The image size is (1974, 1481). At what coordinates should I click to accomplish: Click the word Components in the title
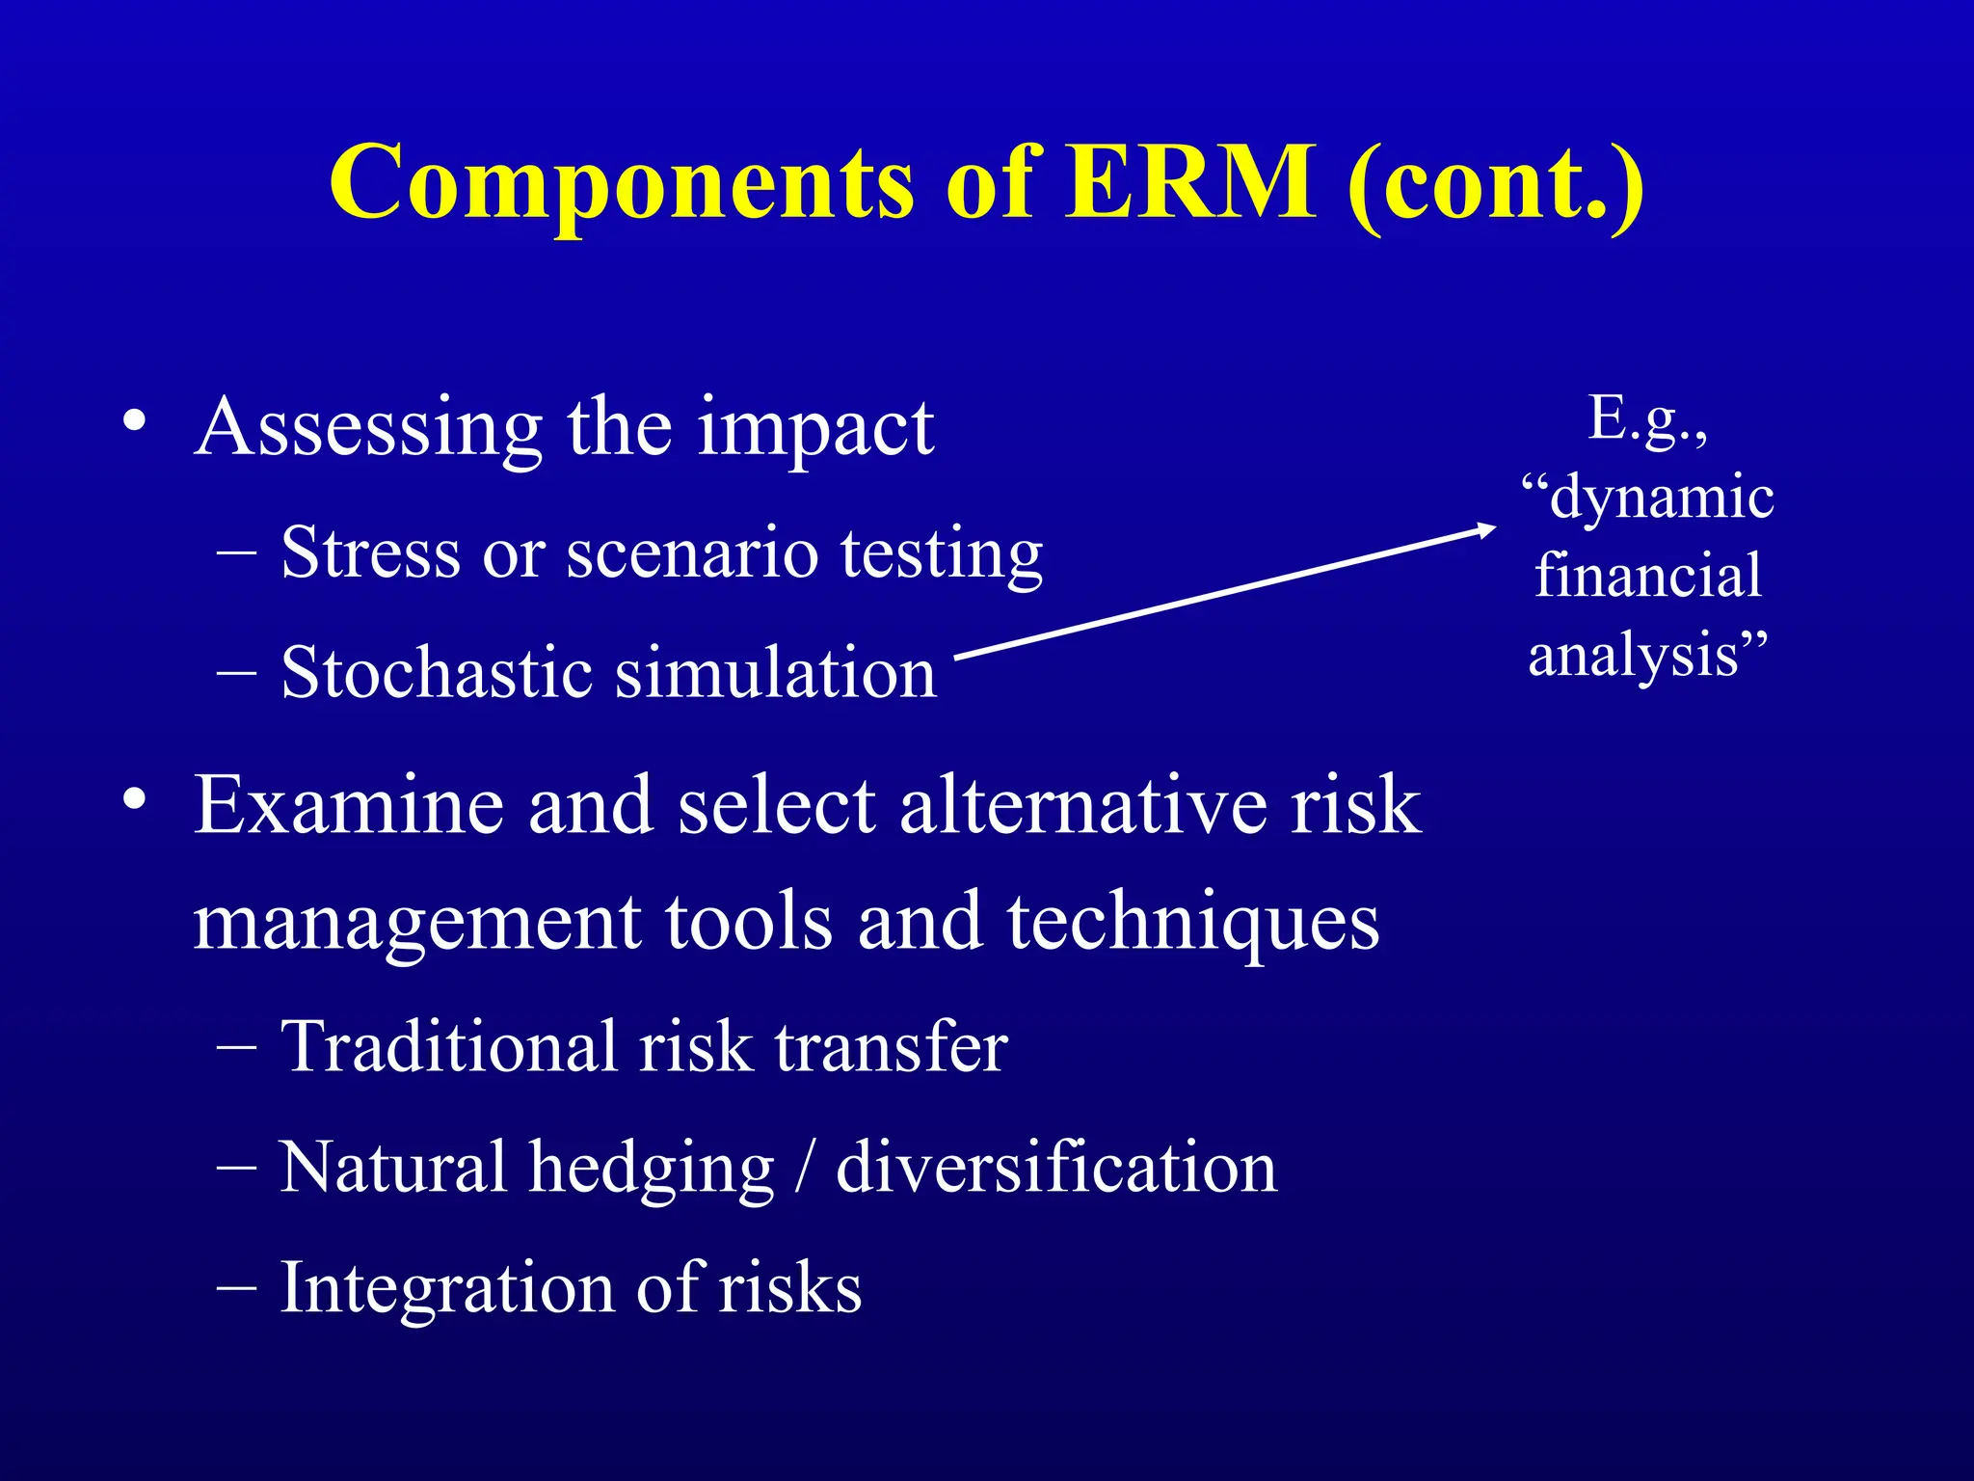[621, 183]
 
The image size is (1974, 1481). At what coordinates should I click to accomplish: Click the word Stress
[370, 553]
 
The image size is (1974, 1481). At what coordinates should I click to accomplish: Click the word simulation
[776, 673]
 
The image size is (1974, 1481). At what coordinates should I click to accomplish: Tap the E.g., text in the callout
[1648, 418]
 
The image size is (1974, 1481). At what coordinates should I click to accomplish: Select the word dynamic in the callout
[1661, 498]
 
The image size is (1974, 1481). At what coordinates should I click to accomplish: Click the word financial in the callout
[1648, 576]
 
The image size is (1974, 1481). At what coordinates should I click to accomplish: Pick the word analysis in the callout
[1634, 657]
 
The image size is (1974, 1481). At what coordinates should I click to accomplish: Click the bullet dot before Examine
[134, 799]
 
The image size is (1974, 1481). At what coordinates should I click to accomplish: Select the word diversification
[1056, 1167]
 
